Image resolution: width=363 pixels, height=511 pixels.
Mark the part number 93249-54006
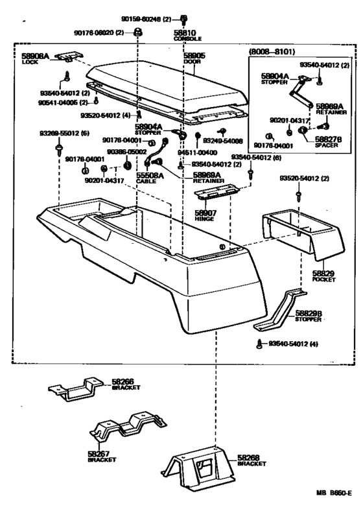coord(222,140)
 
